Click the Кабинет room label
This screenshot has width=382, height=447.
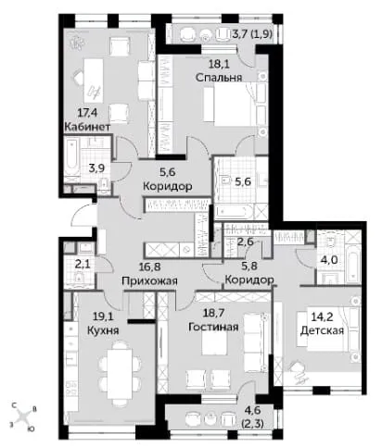pos(87,127)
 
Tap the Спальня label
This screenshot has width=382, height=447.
pos(219,77)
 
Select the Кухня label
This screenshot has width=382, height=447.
pos(103,330)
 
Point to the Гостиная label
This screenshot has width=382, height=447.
pos(213,327)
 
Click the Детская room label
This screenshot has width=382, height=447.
pos(323,330)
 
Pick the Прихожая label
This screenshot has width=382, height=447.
pos(150,281)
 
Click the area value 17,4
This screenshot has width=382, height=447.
pos(87,113)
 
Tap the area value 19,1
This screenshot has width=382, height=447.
pos(103,317)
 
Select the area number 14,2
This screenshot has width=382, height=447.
pos(323,317)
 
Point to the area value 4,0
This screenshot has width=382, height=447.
pos(328,260)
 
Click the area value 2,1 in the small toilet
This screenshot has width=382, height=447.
pos(83,264)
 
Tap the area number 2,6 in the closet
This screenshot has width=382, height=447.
pos(245,242)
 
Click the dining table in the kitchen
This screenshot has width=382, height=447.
pos(121,374)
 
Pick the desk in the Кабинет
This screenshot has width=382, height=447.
pos(94,81)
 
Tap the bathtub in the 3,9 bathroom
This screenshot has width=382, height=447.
pos(71,157)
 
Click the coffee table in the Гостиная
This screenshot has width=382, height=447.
pos(214,343)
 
